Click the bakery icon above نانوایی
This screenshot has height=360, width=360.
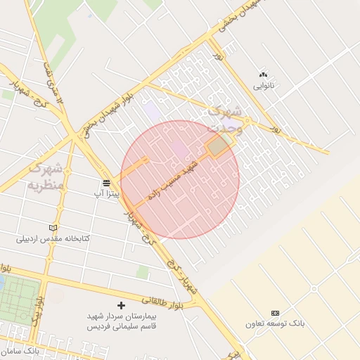pyautogui.click(x=264, y=74)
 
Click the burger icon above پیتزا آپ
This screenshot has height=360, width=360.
pyautogui.click(x=105, y=181)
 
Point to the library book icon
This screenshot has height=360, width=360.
pyautogui.click(x=53, y=228)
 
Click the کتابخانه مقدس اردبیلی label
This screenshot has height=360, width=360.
pyautogui.click(x=53, y=239)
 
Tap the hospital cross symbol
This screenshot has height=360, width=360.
pyautogui.click(x=121, y=305)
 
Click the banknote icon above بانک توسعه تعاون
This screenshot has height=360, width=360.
pyautogui.click(x=275, y=313)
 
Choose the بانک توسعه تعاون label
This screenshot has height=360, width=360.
pyautogui.click(x=275, y=324)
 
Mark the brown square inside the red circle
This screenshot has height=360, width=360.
pyautogui.click(x=219, y=146)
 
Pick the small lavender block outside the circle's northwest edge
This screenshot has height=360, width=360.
pyautogui.click(x=152, y=111)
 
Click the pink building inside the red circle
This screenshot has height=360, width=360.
pyautogui.click(x=180, y=149)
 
